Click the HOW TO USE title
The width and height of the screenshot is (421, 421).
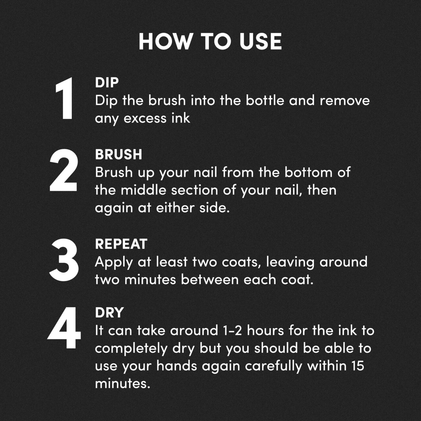tap(210, 41)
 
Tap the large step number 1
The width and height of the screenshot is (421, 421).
tap(64, 98)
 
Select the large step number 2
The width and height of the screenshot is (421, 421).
tap(63, 170)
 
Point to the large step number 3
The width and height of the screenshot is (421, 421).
tap(64, 260)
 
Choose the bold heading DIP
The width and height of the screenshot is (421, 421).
tap(107, 83)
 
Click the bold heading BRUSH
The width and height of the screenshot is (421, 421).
tap(119, 154)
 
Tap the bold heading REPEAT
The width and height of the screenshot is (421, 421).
tap(121, 244)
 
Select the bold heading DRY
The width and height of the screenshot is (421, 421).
tap(109, 313)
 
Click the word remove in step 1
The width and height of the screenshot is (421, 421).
tap(345, 101)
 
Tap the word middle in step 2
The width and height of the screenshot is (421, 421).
tap(143, 190)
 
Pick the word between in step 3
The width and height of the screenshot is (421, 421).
tap(210, 279)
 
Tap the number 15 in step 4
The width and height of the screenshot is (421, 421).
tap(358, 366)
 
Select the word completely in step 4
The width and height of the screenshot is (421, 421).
tap(131, 349)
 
